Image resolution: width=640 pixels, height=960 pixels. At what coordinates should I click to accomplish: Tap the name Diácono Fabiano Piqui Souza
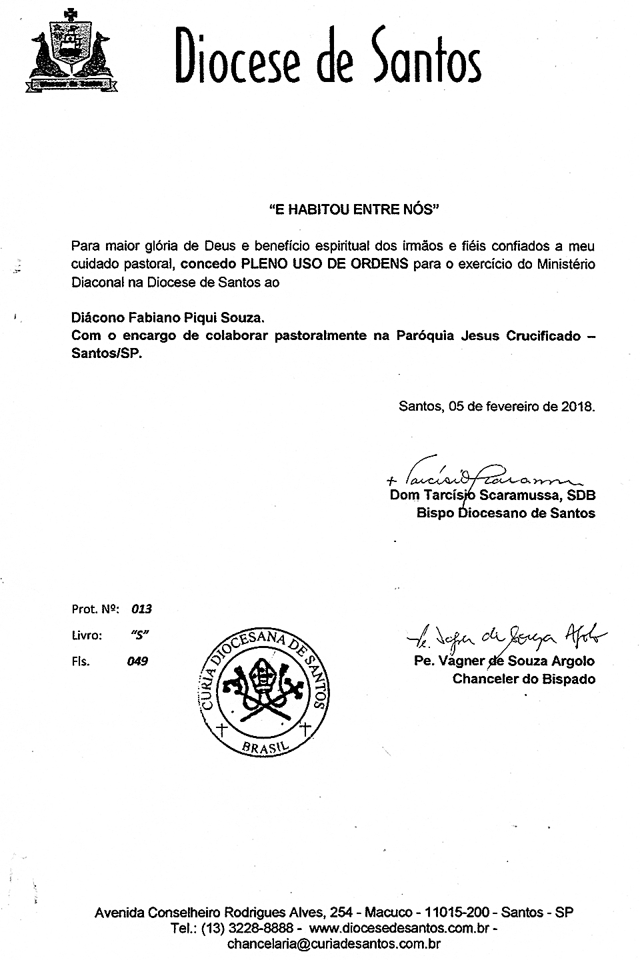point(163,318)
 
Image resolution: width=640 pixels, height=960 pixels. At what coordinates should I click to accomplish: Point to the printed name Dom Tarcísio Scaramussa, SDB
point(492,495)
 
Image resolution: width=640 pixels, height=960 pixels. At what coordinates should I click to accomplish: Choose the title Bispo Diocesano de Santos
point(505,513)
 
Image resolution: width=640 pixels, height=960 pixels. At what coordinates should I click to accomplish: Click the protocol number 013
point(141,609)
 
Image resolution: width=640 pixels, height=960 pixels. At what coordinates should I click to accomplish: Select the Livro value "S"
point(139,635)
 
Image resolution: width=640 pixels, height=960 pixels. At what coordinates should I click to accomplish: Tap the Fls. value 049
point(139,661)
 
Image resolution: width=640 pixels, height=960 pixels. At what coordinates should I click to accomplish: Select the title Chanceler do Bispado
point(523,679)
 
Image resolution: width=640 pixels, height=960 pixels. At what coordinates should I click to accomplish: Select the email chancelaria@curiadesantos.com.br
point(333,944)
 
